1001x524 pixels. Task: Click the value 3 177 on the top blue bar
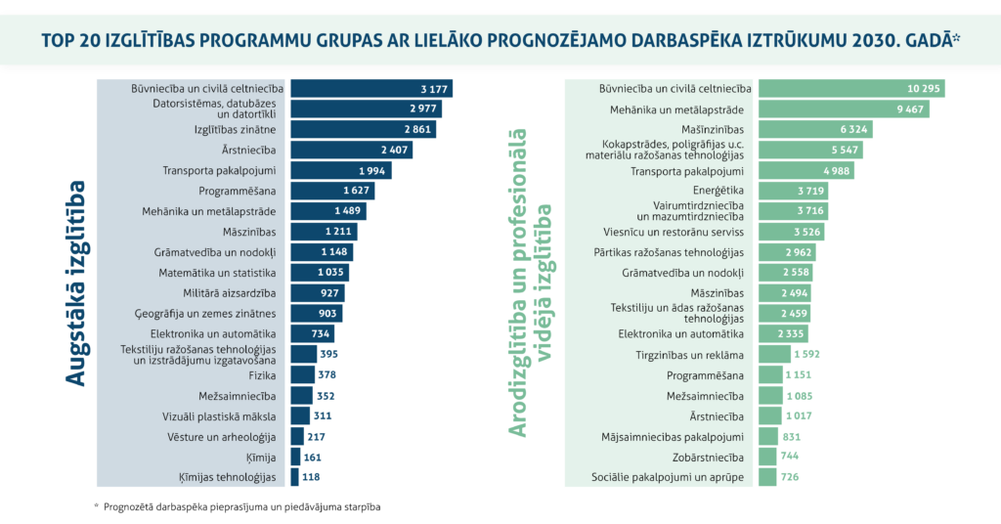[x=434, y=89]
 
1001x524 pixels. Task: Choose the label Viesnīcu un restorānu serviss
[x=675, y=232]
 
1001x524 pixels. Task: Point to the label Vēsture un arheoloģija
[x=231, y=436]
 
